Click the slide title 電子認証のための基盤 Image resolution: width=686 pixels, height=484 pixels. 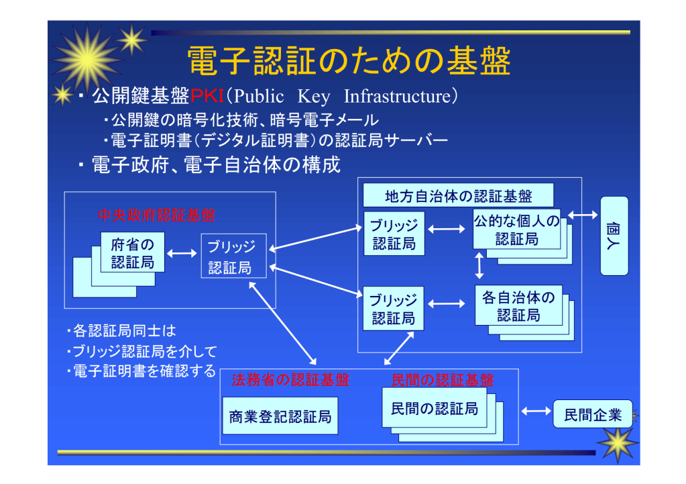[348, 62]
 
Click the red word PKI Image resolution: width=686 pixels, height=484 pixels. [207, 97]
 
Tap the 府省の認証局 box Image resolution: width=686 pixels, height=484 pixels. [133, 252]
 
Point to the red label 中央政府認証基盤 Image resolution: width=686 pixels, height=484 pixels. [157, 215]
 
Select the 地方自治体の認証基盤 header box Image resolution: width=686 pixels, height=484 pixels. [459, 196]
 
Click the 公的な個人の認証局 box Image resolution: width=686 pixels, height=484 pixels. [516, 230]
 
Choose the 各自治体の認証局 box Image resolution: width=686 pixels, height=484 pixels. [518, 305]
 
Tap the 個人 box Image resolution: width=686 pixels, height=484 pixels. [614, 236]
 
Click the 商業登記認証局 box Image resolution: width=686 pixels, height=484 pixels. [280, 417]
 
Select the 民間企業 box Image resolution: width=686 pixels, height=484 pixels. [591, 414]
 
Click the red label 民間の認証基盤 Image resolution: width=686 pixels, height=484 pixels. [442, 381]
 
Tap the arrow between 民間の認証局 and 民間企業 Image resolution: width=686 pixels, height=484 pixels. [535, 411]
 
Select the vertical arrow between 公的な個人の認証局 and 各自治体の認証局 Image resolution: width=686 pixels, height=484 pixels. [479, 265]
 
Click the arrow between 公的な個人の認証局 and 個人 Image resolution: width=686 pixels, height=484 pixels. [583, 215]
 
